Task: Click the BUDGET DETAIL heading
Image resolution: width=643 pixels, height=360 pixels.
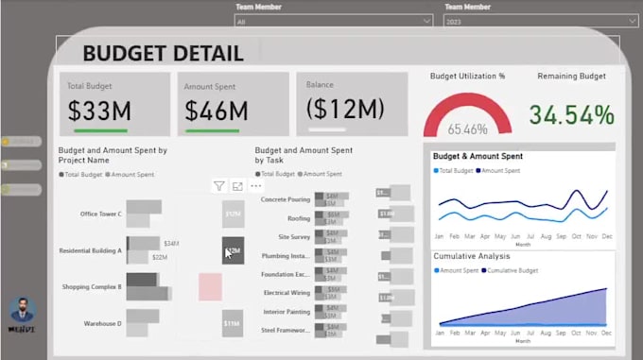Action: [163, 53]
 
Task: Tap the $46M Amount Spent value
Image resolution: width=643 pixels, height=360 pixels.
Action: [217, 111]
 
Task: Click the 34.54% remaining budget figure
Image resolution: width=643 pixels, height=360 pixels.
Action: [571, 115]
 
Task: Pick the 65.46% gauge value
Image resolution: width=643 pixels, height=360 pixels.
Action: [468, 129]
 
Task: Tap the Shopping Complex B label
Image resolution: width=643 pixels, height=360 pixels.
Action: [92, 286]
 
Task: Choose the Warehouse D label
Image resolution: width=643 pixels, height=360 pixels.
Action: [101, 323]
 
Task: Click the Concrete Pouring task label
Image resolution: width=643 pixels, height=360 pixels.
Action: [287, 199]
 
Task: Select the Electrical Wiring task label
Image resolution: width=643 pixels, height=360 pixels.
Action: [287, 293]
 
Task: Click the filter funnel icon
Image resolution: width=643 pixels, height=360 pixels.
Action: [219, 186]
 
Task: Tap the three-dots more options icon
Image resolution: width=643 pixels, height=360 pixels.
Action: [255, 186]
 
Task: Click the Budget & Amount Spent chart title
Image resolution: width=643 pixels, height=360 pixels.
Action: [478, 156]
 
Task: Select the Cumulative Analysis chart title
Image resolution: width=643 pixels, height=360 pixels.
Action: [472, 256]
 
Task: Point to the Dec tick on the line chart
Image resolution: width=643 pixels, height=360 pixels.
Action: [605, 235]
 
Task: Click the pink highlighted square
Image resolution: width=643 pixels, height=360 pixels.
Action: [210, 287]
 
